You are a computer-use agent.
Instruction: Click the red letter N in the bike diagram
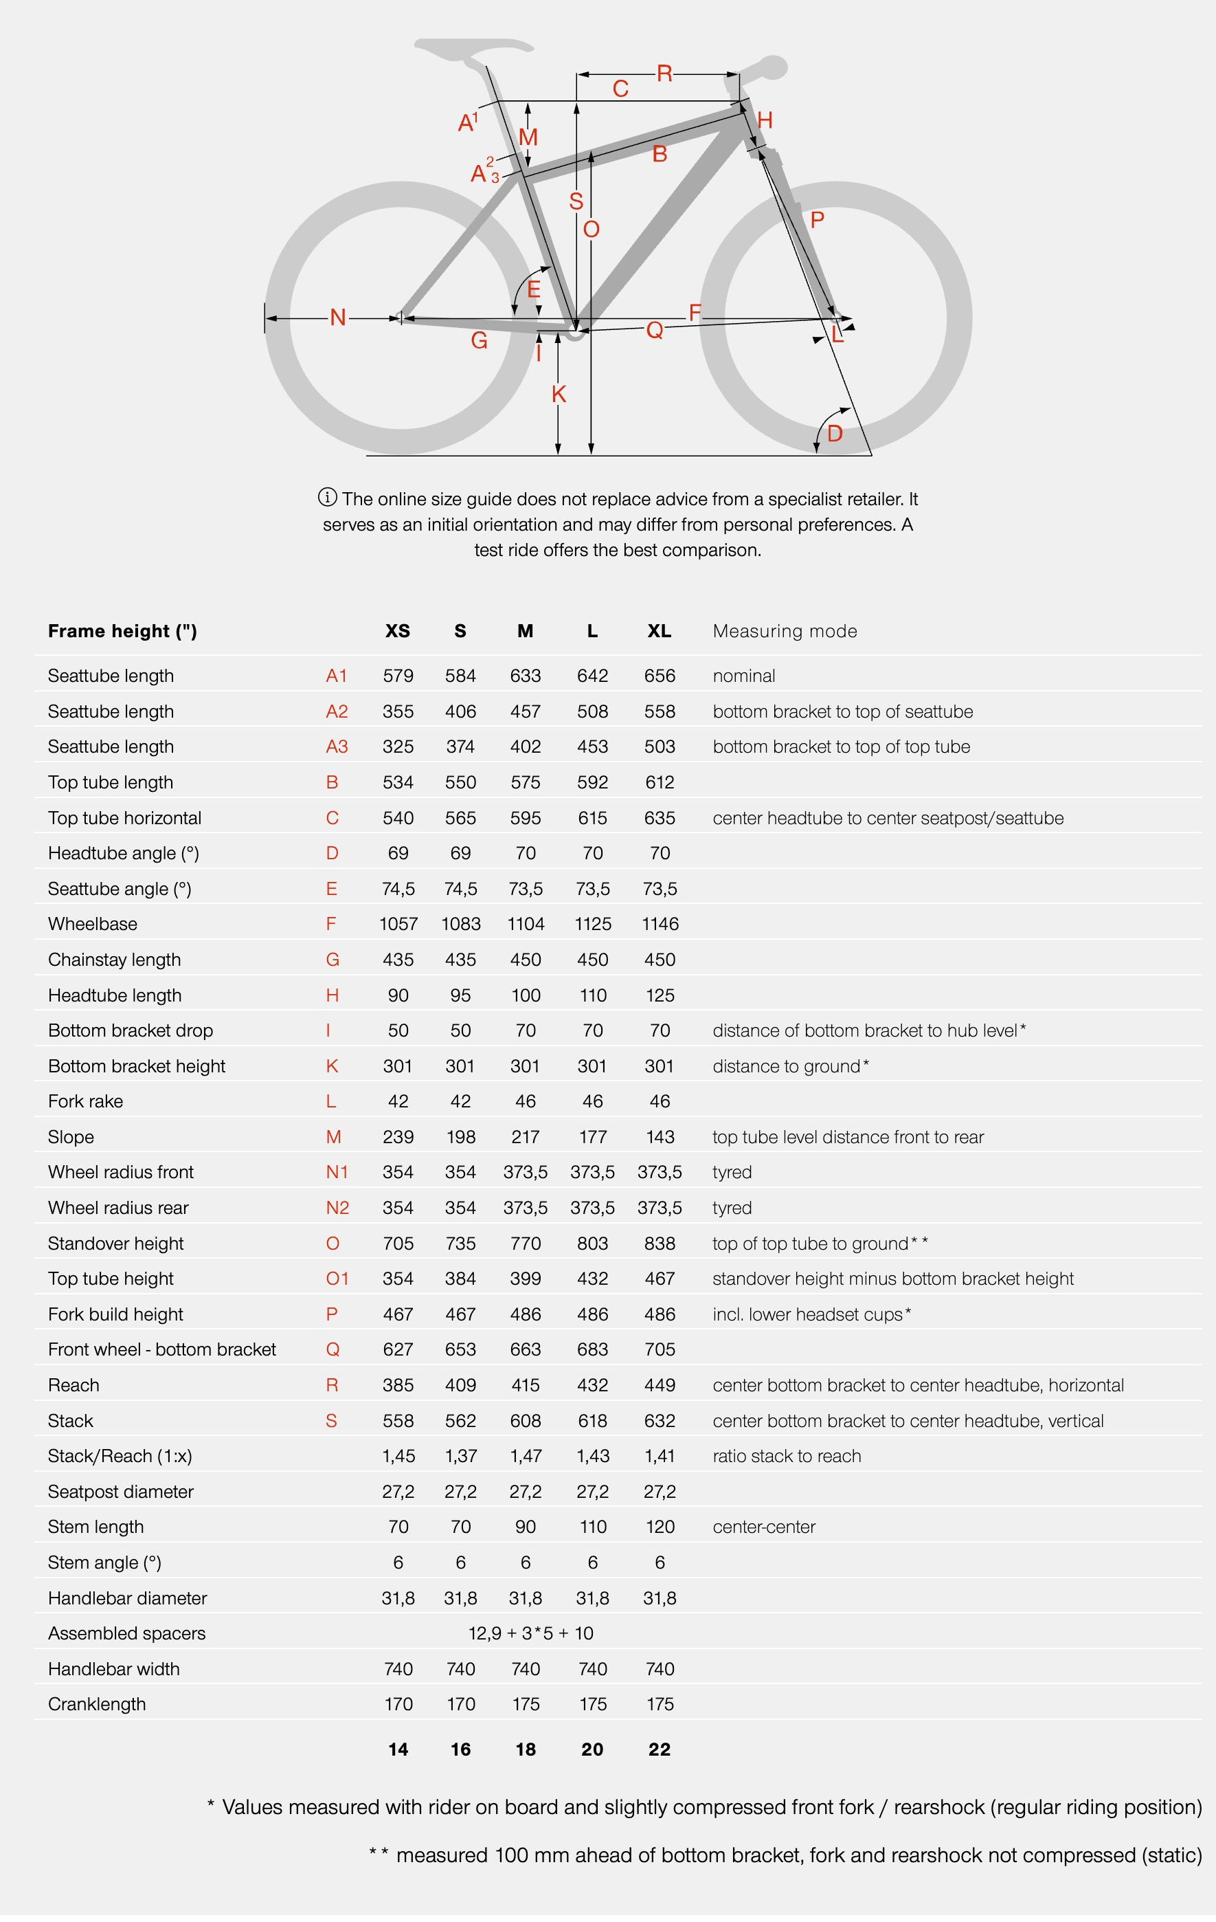(337, 318)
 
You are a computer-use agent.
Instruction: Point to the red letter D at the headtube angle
(835, 433)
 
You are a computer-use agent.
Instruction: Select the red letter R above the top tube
(664, 74)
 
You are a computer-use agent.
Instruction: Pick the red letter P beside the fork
(816, 219)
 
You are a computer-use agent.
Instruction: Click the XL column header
(659, 631)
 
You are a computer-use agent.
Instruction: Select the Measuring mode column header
(785, 631)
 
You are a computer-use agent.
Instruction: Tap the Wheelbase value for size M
(526, 925)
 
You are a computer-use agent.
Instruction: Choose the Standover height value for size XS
(398, 1244)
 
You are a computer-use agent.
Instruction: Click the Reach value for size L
(592, 1386)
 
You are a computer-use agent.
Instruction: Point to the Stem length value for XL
(659, 1527)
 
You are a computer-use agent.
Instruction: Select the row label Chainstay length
(114, 960)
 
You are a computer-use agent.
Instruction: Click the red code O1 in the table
(337, 1279)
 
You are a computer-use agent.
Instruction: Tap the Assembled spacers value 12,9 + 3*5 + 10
(530, 1633)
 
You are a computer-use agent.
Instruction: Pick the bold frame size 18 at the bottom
(525, 1749)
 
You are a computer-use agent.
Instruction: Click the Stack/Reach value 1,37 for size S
(460, 1456)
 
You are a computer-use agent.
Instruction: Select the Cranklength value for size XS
(398, 1704)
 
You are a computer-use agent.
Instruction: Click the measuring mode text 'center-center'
(763, 1527)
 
